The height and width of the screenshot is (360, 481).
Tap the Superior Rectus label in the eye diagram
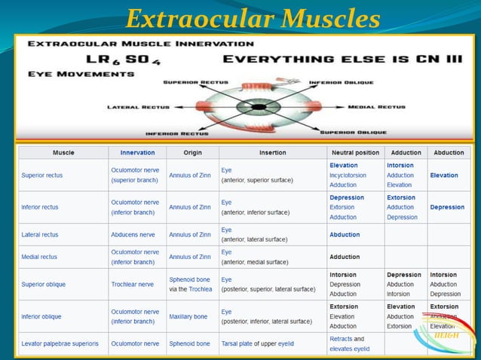coord(191,81)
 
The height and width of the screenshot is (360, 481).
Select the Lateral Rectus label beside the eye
coord(135,107)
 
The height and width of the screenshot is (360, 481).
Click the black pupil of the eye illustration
coord(258,107)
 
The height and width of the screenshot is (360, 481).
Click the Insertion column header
coord(272,153)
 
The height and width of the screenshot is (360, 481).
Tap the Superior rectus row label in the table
coord(42,175)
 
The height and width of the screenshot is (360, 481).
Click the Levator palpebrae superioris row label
coord(59,343)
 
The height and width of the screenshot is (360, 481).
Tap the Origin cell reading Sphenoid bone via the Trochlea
coord(190,284)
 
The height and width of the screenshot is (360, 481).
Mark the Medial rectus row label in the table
coord(39,257)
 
